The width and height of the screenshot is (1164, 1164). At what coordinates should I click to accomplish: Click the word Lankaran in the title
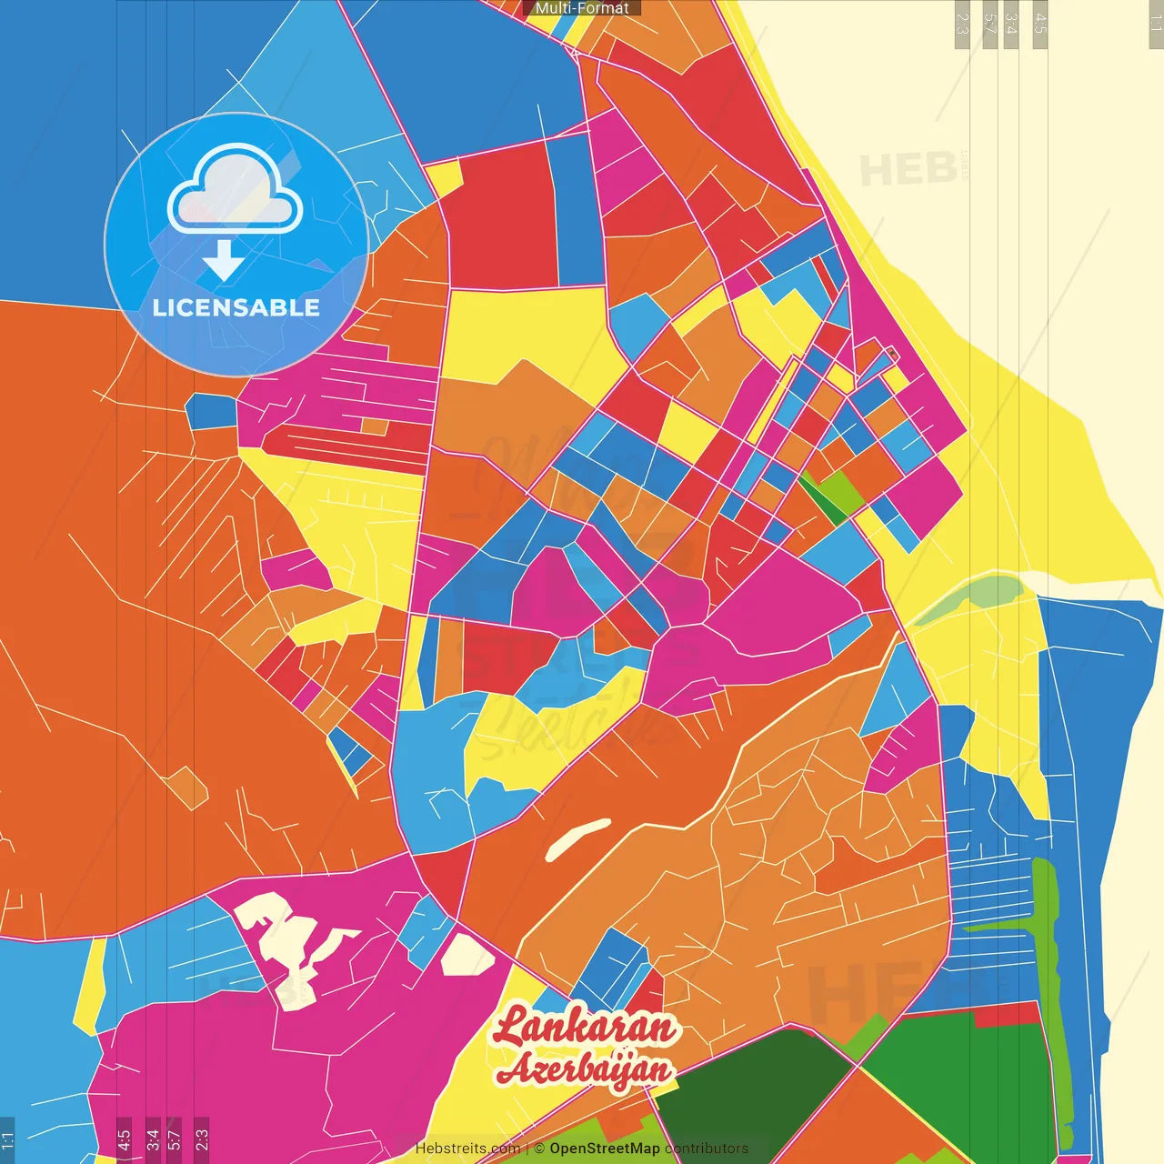point(586,1028)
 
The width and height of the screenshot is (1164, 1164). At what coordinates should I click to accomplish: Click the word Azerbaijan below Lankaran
point(584,1069)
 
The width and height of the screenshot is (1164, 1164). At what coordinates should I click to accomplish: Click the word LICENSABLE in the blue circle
point(236,307)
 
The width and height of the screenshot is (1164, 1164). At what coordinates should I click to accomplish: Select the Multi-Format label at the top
point(582,8)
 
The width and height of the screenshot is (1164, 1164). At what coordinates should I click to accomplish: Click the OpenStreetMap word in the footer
point(604,1149)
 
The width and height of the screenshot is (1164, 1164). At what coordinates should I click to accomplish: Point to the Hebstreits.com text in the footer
point(467,1149)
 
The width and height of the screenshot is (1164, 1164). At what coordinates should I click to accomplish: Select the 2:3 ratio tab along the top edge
point(961,23)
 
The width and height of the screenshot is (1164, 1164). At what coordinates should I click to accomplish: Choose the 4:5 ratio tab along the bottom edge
point(124,1139)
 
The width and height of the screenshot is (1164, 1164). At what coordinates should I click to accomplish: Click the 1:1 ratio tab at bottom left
point(7,1139)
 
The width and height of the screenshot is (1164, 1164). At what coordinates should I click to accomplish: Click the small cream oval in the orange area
point(577,839)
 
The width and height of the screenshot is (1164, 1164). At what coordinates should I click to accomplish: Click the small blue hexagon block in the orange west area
point(212,411)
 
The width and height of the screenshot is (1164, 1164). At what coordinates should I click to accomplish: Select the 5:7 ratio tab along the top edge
point(989,23)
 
